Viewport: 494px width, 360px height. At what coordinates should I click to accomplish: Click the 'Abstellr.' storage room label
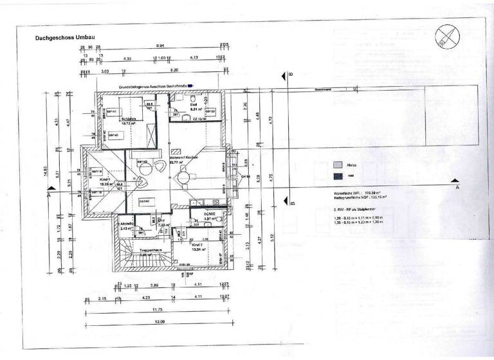tap(126, 223)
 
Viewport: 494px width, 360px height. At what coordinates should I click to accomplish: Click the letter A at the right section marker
tap(458, 189)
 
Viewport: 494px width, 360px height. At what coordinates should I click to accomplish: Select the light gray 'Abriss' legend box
tap(336, 165)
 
